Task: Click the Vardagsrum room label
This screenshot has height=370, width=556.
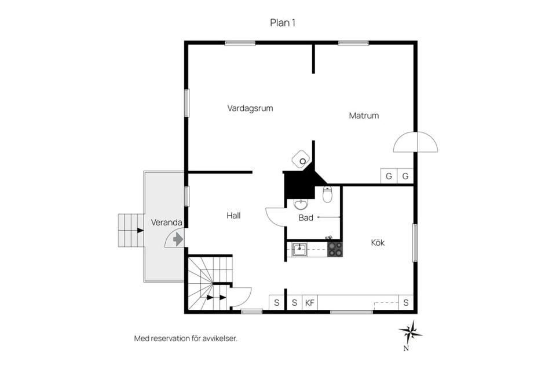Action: (x=250, y=108)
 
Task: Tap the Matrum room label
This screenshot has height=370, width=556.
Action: (x=364, y=116)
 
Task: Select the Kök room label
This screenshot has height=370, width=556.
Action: (x=378, y=243)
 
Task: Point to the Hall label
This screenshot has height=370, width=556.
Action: (x=233, y=215)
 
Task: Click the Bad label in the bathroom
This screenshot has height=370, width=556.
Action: (x=306, y=218)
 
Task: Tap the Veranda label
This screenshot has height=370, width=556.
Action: (x=166, y=223)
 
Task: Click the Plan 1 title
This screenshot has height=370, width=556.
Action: (x=283, y=23)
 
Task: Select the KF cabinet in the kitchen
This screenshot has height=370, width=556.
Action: (x=310, y=303)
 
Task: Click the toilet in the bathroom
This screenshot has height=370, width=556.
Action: (x=327, y=194)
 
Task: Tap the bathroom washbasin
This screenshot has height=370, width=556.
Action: (x=301, y=204)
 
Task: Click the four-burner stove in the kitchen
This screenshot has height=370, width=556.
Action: (x=335, y=249)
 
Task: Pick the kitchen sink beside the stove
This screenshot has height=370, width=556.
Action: (x=299, y=249)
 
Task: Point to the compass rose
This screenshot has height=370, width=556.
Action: (x=410, y=332)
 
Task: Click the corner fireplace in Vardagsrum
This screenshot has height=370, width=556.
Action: (x=301, y=159)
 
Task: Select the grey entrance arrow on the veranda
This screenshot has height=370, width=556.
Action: (x=178, y=240)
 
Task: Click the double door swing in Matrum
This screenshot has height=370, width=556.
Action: (x=416, y=142)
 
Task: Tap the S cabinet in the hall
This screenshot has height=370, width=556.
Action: (x=277, y=303)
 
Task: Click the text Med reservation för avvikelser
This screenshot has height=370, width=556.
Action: (x=185, y=338)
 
